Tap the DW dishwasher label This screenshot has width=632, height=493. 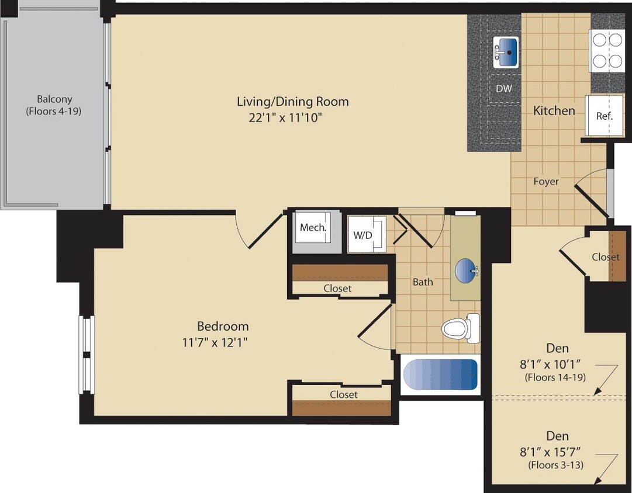[503, 89]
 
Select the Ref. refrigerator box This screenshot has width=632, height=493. [605, 116]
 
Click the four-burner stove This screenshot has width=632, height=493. [607, 50]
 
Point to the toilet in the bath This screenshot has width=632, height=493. [460, 328]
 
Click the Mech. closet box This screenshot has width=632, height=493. [313, 228]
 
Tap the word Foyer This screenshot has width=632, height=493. [545, 182]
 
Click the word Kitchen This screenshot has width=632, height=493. [554, 110]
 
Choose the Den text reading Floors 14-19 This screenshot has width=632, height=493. [555, 377]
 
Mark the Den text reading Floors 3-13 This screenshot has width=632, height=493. [555, 466]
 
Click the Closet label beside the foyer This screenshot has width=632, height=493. [605, 257]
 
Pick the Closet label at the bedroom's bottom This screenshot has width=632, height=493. [343, 395]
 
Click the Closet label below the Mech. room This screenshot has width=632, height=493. [337, 289]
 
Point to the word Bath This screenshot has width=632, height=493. [423, 282]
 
